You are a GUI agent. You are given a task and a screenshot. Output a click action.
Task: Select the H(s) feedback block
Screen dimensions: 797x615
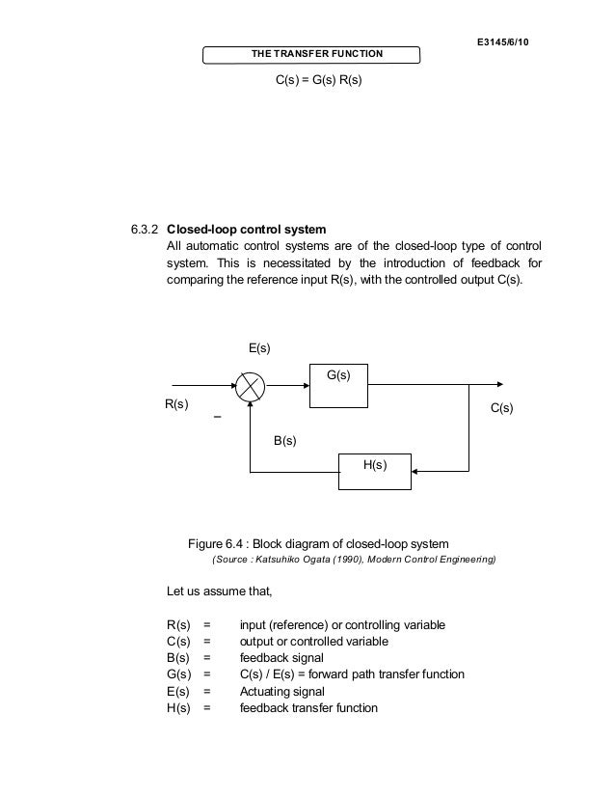(x=374, y=470)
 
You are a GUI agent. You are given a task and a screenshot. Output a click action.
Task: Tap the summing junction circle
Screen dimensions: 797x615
(x=251, y=388)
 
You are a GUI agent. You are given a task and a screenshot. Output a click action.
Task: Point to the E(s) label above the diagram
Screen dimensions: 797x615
(x=254, y=346)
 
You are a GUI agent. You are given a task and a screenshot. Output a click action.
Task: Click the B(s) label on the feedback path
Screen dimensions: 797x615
(x=284, y=440)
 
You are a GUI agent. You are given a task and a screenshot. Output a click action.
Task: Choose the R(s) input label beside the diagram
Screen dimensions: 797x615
(x=174, y=407)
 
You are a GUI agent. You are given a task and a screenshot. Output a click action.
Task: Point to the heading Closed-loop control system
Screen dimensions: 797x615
(x=247, y=231)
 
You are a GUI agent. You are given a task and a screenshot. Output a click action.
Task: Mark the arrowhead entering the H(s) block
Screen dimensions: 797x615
(x=415, y=471)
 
